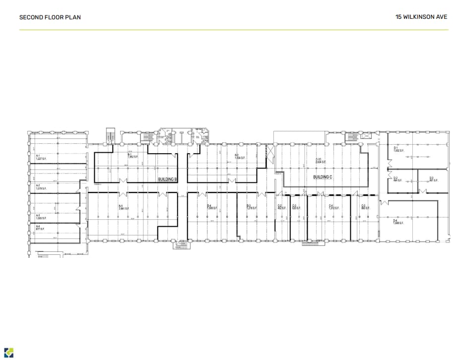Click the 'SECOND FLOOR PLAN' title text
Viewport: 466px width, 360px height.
50,17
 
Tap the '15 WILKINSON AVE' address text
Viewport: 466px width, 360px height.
421,17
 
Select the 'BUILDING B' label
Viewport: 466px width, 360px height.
167,179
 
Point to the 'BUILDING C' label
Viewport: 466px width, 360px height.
323,177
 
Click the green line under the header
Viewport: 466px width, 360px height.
233,30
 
